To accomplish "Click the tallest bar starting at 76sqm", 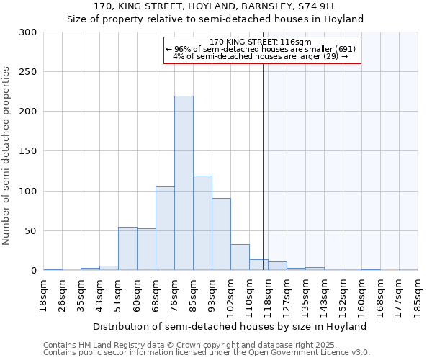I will [x=184, y=183].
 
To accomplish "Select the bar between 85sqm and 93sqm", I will [x=202, y=223].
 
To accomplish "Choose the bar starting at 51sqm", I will [x=127, y=248].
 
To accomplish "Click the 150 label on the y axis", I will [x=28, y=151].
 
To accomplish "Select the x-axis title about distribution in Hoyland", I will [x=230, y=326].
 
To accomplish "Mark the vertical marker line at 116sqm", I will [x=263, y=166].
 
